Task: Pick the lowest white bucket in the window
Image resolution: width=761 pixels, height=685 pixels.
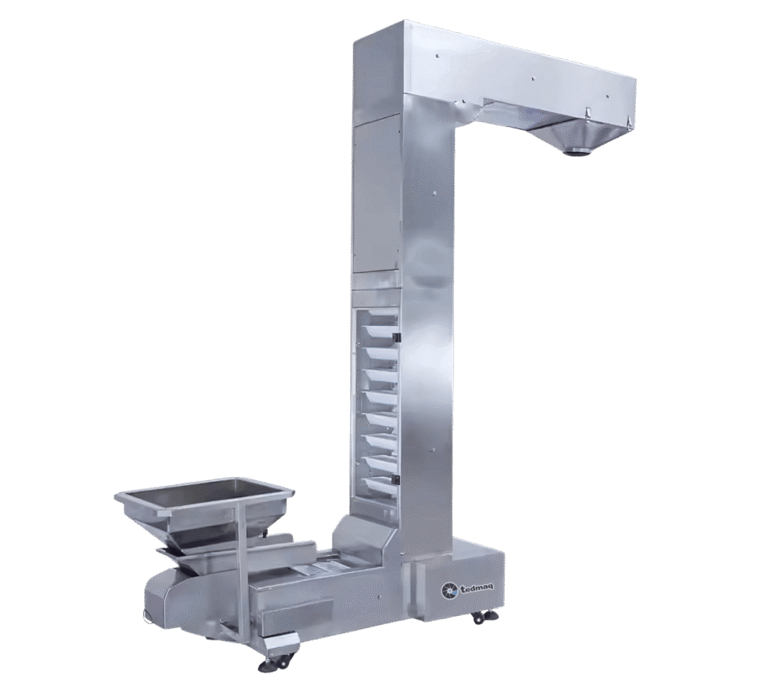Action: click(380, 484)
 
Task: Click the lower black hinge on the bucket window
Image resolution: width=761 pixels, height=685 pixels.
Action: click(395, 480)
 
